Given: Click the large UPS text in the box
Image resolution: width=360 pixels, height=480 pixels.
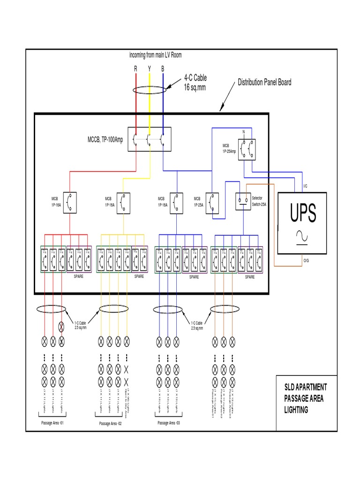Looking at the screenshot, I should pyautogui.click(x=302, y=213).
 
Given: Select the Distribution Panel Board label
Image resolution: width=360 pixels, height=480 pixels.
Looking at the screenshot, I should pyautogui.click(x=264, y=82).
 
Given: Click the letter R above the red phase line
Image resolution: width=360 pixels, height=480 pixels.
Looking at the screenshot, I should pyautogui.click(x=136, y=69).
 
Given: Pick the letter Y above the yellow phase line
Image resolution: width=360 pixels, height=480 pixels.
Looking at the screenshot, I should pyautogui.click(x=150, y=69).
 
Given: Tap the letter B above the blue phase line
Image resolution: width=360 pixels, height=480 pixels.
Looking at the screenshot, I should pyautogui.click(x=163, y=69).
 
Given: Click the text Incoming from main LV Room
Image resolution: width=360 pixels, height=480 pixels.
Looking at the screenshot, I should pyautogui.click(x=156, y=55).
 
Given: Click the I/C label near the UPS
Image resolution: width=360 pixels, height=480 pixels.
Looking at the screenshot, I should pyautogui.click(x=306, y=186).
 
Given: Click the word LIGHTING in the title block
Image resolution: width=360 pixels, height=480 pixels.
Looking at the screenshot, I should pyautogui.click(x=297, y=410).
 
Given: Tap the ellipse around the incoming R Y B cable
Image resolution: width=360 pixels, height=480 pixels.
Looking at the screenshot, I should pyautogui.click(x=150, y=90).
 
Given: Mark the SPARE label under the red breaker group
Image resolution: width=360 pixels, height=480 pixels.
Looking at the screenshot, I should pyautogui.click(x=79, y=277).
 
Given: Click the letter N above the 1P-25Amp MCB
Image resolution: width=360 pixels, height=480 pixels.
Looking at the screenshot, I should pyautogui.click(x=243, y=132).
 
